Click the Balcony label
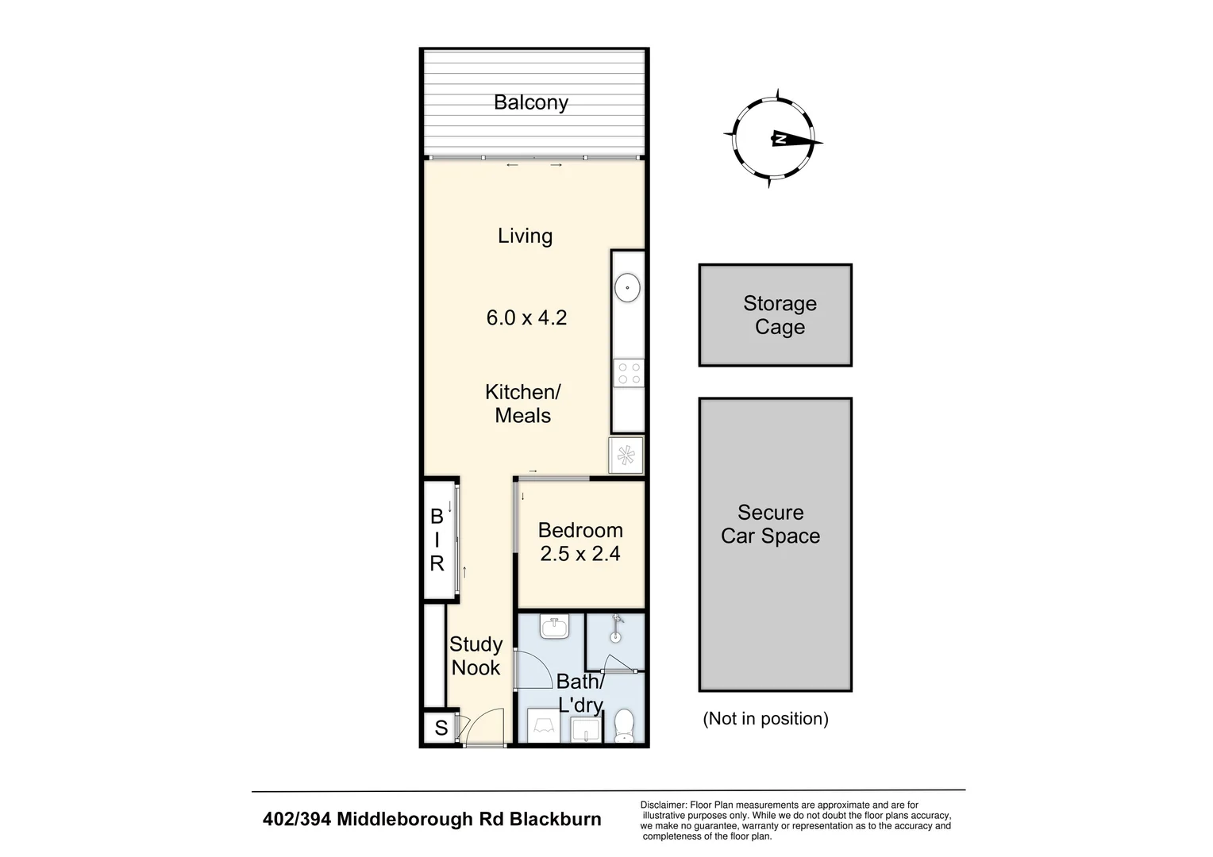[530, 102]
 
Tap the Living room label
[525, 236]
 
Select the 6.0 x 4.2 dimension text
[526, 318]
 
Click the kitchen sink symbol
[628, 287]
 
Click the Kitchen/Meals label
[522, 403]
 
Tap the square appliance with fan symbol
[626, 455]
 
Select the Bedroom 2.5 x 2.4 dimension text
[580, 554]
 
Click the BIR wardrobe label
[437, 540]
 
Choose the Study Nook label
[476, 656]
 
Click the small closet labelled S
[441, 728]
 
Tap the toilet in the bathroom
[625, 725]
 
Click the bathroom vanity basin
[554, 628]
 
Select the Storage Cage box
[775, 315]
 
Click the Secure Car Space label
[770, 525]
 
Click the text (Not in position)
[765, 719]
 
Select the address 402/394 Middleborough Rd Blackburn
[432, 820]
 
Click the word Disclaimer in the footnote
[663, 805]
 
